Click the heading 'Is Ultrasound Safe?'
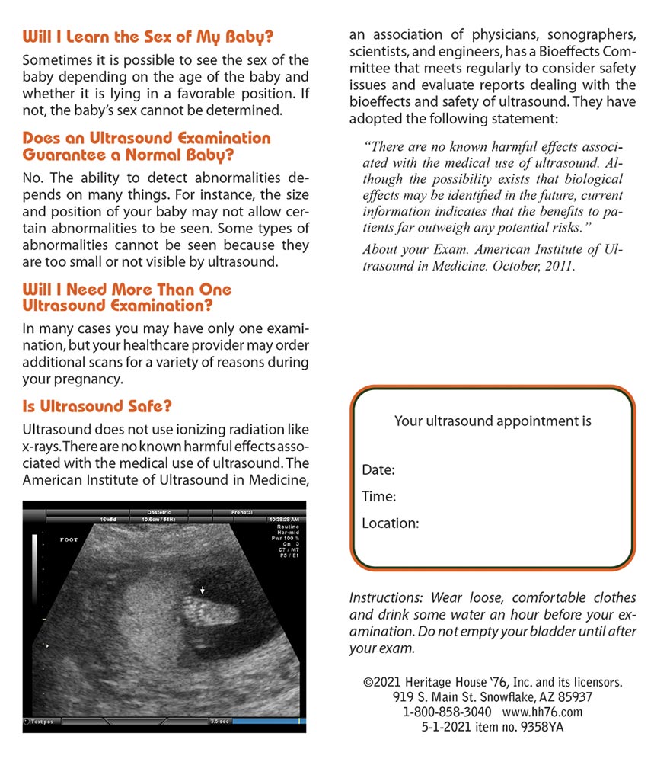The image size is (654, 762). [97, 407]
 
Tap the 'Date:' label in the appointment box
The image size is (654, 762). [378, 470]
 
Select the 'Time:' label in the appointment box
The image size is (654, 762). [379, 497]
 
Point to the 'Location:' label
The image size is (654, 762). [391, 523]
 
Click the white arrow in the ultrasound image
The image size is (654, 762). [202, 589]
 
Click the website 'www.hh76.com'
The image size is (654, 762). [542, 712]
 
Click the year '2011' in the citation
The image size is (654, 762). [561, 267]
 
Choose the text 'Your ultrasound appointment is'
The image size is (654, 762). [493, 421]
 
